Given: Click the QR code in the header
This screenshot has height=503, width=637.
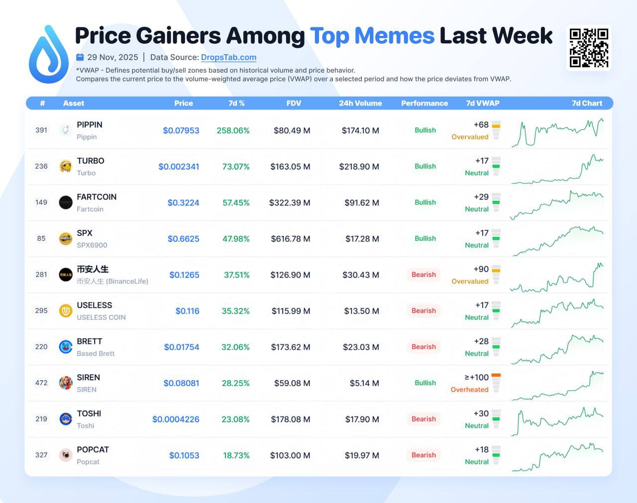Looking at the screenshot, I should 589,48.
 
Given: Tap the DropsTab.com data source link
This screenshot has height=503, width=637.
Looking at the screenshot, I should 228,57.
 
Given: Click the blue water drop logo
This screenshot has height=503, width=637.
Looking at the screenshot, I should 48,55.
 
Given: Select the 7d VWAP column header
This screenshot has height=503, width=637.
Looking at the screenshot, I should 482,103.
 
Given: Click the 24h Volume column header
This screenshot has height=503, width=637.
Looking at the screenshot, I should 360,103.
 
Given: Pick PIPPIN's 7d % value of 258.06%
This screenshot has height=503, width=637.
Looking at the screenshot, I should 233,130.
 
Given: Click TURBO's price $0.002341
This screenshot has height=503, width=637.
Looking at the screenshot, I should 179,167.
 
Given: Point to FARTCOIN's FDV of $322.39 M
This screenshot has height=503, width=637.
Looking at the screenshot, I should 290,202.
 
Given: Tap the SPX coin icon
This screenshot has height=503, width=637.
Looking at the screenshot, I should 66,239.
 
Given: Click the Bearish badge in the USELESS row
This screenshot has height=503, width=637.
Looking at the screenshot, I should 424,311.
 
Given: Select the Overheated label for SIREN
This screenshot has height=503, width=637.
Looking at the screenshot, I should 469,390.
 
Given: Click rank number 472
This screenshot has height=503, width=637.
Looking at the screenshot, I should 41,383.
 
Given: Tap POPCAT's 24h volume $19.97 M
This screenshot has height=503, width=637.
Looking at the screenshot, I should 362,455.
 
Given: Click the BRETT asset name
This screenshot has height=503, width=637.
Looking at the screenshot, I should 90,341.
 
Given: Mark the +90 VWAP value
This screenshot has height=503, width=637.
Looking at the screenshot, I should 481,269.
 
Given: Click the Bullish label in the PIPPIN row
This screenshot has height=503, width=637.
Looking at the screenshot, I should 425,130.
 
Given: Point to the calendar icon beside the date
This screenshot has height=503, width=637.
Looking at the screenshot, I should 80,57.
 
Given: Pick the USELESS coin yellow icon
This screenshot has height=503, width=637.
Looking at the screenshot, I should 66,311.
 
